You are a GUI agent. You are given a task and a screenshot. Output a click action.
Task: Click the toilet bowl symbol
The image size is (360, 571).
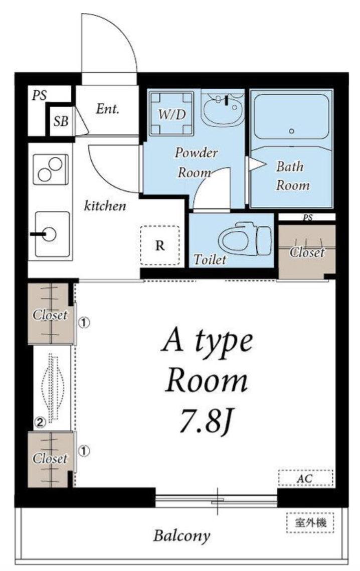tap(246, 239)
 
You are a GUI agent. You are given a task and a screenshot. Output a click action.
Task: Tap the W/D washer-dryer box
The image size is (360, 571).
tap(171, 113)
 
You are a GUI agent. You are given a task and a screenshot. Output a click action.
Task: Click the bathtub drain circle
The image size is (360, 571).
tap(291, 131)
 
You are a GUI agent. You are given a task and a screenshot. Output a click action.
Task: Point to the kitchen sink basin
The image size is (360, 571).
tap(51, 234)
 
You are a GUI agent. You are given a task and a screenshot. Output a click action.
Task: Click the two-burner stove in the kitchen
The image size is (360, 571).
tap(51, 170)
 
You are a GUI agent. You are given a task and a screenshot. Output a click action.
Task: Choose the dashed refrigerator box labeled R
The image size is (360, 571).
tap(160, 245)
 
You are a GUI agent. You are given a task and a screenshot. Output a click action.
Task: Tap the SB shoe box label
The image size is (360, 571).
tap(61, 121)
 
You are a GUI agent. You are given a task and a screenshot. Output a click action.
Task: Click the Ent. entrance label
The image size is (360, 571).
tap(107, 108)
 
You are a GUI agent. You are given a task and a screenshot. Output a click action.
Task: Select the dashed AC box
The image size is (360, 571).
tap(305, 478)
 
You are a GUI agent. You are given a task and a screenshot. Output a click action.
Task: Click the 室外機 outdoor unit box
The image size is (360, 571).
tap(310, 523)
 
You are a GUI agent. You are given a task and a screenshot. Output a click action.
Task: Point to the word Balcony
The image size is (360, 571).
tap(182, 536)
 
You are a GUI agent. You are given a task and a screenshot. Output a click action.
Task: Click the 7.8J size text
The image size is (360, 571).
tap(206, 422)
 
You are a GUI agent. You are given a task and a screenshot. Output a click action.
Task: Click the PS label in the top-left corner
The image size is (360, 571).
tap(39, 95)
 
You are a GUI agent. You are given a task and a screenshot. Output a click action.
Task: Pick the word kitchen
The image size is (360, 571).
tap(105, 206)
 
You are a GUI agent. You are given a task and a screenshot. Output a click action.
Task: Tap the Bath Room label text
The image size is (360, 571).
tap(293, 176)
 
